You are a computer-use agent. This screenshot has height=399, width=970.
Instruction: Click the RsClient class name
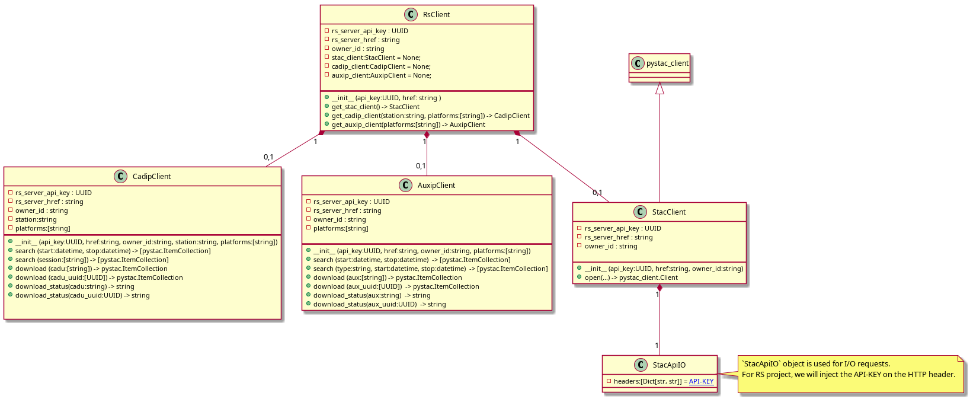(436, 15)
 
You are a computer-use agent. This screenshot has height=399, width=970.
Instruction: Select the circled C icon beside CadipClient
(120, 177)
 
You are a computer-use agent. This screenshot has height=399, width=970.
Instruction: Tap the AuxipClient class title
(436, 186)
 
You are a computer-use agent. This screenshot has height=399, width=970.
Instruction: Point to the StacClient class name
(669, 212)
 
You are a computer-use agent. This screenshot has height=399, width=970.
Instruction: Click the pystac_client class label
(667, 63)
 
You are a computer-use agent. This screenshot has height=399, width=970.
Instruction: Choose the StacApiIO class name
(669, 365)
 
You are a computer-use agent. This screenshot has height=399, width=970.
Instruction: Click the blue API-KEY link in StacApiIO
(701, 381)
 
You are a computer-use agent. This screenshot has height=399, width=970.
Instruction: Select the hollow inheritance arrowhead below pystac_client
(660, 88)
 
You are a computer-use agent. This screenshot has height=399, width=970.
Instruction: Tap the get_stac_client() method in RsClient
(375, 107)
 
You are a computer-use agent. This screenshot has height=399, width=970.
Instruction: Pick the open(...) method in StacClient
(631, 278)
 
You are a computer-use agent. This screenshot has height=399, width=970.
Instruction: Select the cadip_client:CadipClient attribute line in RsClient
(381, 67)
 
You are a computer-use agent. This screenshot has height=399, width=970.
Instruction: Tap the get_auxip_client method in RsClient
(408, 125)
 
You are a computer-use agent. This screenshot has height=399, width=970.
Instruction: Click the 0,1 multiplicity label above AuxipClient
(421, 166)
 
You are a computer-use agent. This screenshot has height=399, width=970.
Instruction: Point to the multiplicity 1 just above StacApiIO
(657, 346)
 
